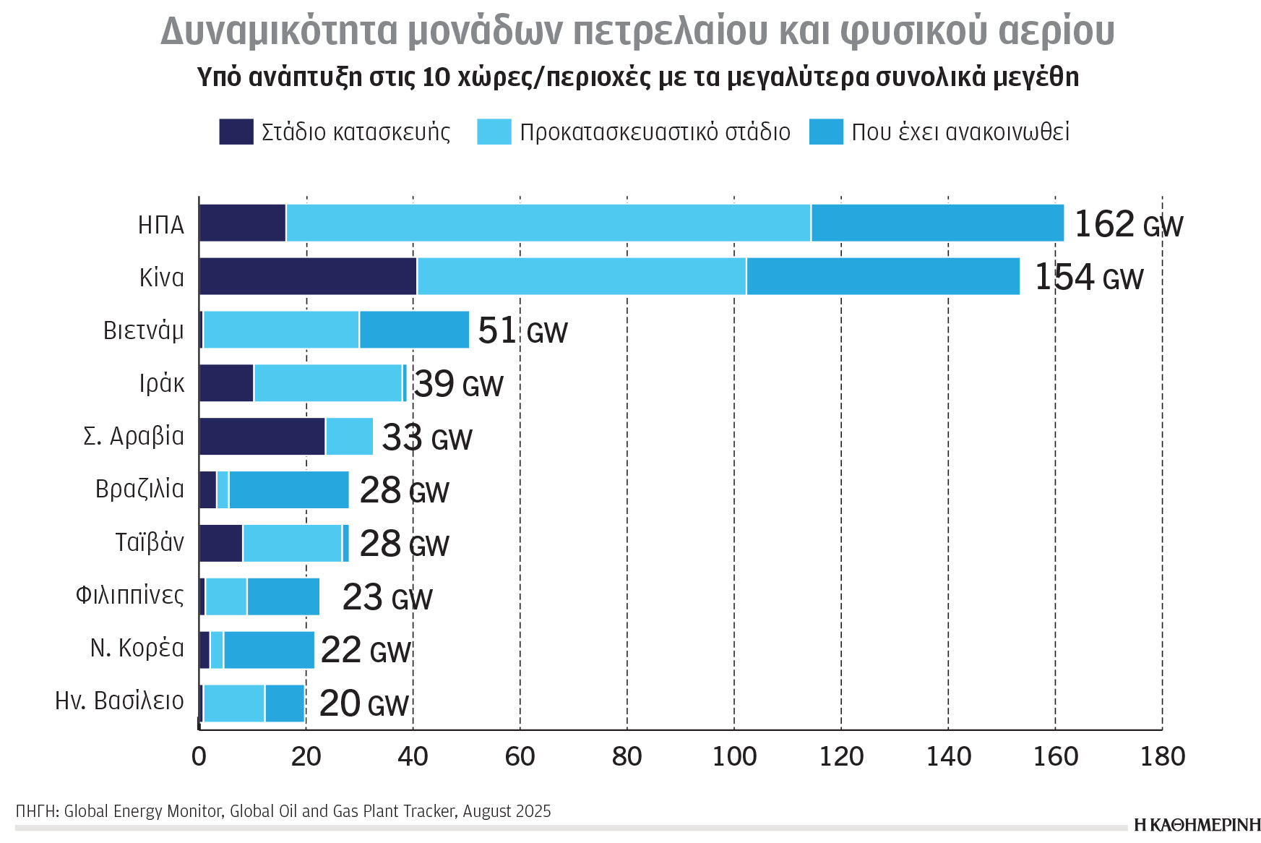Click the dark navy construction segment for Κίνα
308,276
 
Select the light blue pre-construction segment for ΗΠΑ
548,223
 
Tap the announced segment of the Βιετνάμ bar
414,330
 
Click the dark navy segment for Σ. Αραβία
262,436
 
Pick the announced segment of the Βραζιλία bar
288,489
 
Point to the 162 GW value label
1128,224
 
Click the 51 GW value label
522,331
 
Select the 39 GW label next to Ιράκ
458,384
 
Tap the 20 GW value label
363,703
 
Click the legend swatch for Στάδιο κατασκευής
236,132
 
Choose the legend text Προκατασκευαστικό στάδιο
655,132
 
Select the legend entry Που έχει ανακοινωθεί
960,132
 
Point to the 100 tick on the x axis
734,757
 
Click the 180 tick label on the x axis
1162,757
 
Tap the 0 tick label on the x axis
199,757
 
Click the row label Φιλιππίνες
130,595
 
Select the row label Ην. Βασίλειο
120,701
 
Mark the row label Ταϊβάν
150,542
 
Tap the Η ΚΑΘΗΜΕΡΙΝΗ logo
1197,825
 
